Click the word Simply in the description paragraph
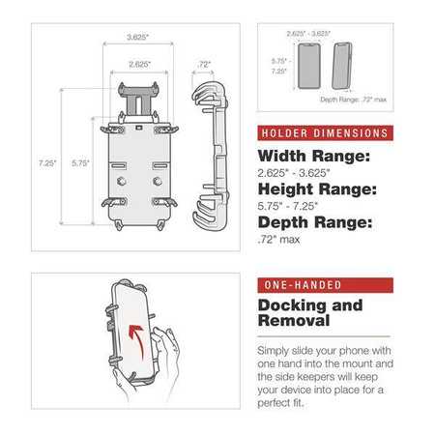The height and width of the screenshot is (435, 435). click(x=276, y=350)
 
